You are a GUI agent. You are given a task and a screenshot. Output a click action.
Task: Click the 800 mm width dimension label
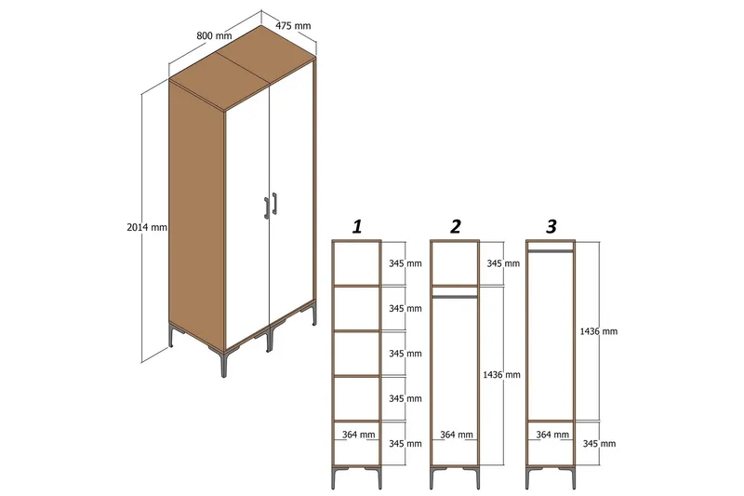click(x=214, y=35)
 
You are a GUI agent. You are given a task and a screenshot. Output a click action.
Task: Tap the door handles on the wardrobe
click(x=271, y=207)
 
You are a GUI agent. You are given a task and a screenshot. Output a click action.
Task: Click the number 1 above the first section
click(x=357, y=226)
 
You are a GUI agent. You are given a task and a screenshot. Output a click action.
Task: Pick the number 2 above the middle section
click(x=455, y=226)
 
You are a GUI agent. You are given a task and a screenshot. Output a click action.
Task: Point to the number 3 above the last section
click(x=551, y=226)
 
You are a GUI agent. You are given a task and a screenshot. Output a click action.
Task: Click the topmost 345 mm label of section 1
click(x=405, y=263)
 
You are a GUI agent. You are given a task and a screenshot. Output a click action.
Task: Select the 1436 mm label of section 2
click(x=501, y=374)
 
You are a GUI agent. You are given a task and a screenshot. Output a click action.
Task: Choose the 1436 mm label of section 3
click(x=598, y=330)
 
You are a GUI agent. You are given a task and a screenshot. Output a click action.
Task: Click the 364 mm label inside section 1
click(x=358, y=435)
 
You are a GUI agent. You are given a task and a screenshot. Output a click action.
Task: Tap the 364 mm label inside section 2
click(x=455, y=435)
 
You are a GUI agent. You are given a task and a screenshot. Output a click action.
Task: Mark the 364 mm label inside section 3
click(x=552, y=435)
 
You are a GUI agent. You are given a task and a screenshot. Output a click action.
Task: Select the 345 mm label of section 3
click(x=598, y=444)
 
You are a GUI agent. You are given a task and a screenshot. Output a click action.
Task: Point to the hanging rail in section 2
click(x=455, y=297)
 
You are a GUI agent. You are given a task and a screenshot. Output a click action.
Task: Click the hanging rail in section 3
click(x=551, y=250)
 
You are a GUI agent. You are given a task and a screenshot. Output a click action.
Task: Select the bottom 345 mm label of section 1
click(x=405, y=444)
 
